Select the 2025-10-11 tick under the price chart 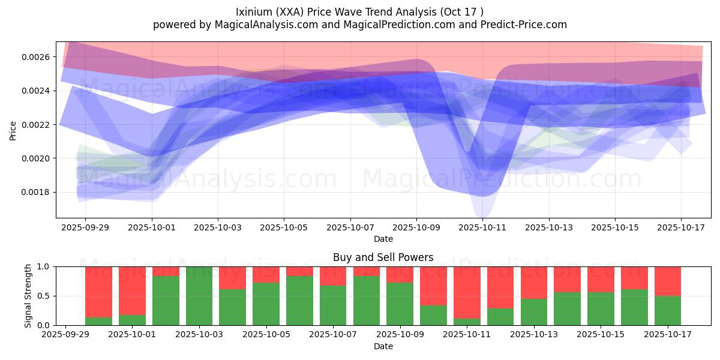[482, 229]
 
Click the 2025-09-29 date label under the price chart [85, 229]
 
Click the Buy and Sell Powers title [383, 257]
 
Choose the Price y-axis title [13, 130]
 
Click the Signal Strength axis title [28, 296]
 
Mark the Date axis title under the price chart [383, 239]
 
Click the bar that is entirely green [199, 296]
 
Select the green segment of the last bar [667, 310]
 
